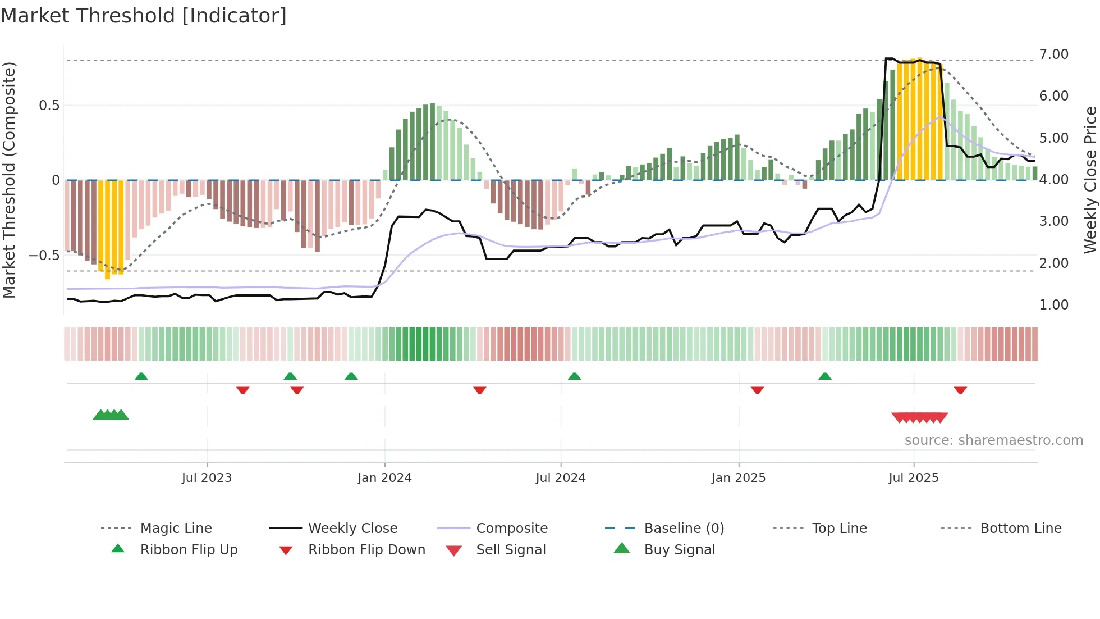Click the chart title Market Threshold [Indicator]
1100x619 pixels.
tap(144, 16)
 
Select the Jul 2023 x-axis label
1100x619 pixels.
tap(207, 478)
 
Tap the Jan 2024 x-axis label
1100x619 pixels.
tap(384, 478)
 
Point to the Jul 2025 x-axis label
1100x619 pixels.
tap(913, 478)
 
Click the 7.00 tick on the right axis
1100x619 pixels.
tap(1053, 54)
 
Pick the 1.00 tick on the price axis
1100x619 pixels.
tap(1053, 305)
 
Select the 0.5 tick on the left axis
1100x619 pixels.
tap(49, 106)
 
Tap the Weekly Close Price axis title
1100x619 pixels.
tap(1090, 180)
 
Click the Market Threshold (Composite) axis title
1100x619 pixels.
tap(9, 180)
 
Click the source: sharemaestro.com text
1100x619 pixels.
tap(993, 440)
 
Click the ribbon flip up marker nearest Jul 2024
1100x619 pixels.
tap(574, 376)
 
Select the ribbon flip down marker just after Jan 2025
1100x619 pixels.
tap(757, 390)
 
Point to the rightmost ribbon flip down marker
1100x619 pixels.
tap(960, 390)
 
